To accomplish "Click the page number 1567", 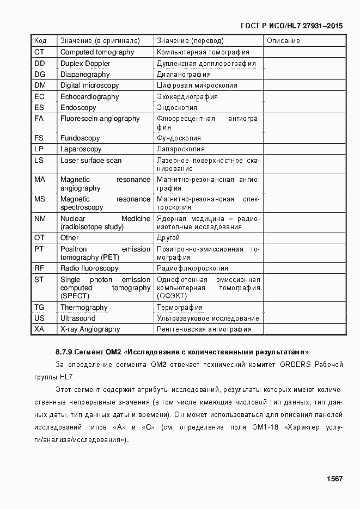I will pos(334,479).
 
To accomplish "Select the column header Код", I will pos(40,41).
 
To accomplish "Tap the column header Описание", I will pos(283,41).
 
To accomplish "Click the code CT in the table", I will pos(39,52).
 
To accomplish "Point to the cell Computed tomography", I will pos(97,52).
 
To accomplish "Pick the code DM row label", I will pos(40,85).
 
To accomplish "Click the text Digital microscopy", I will pos(89,85).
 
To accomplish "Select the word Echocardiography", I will pos(89,97).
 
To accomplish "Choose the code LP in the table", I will pos(39,149).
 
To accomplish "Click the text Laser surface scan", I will pos(91,161).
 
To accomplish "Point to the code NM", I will pos(40,218).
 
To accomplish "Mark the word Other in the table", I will pos(69,238).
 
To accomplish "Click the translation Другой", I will pos(168,238).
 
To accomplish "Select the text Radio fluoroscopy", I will pos(89,268).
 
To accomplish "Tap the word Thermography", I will pos(84,308).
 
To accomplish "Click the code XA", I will pos(39,329).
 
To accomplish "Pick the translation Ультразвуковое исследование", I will pos(208,318).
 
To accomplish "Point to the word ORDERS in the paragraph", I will pos(296,364).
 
